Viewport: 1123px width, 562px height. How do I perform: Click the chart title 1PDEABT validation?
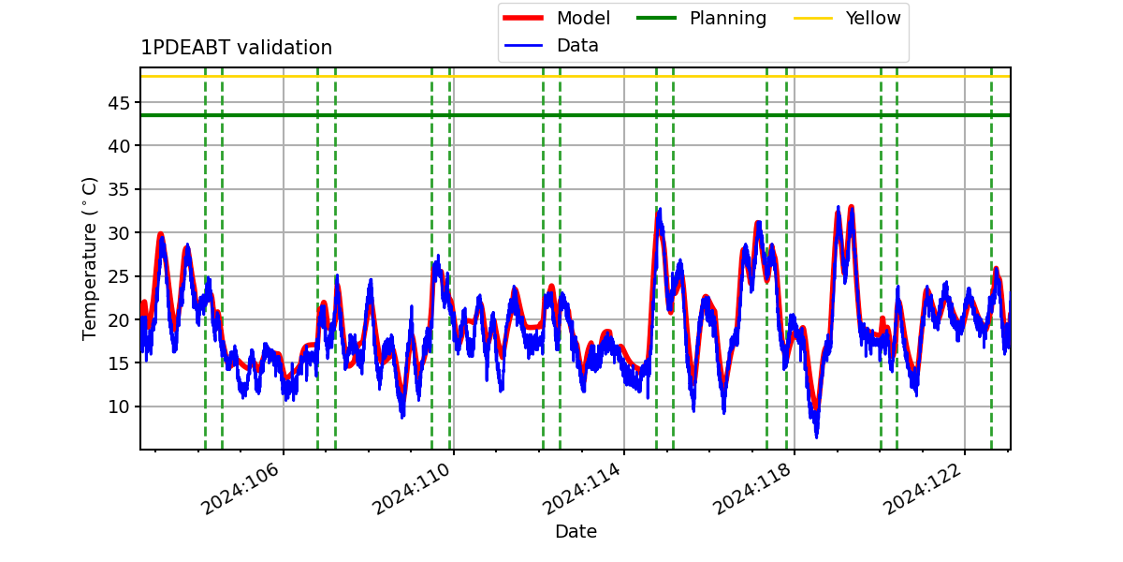pos(236,48)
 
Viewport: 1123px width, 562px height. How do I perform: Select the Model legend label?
pos(583,18)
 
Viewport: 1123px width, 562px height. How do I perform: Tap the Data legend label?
pos(577,46)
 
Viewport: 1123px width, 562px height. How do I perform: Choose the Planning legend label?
pos(728,19)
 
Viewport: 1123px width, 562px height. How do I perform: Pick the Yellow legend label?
pos(873,18)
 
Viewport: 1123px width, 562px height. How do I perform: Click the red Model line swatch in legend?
pos(523,18)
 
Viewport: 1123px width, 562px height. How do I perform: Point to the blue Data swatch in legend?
pos(523,46)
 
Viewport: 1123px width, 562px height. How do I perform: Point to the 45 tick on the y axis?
pos(119,103)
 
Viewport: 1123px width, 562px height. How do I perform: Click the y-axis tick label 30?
pos(119,233)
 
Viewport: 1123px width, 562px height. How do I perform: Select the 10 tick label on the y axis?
pos(119,407)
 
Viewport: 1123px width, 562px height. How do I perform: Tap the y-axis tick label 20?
pos(119,319)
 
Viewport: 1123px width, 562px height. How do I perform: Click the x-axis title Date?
pos(576,531)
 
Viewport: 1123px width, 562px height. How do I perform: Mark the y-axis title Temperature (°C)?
pos(89,259)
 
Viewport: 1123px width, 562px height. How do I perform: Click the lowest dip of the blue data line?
pos(817,437)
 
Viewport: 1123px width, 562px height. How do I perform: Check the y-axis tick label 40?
pos(119,146)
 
